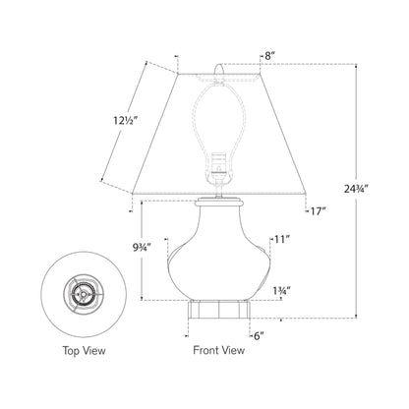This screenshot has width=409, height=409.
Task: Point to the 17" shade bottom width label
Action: (317, 209)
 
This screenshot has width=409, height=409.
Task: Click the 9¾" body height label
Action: (124, 251)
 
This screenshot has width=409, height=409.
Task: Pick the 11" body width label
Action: (284, 239)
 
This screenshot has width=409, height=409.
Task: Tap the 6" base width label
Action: (260, 335)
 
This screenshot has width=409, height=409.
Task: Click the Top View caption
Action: (85, 349)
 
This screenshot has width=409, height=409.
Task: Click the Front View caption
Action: (216, 349)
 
